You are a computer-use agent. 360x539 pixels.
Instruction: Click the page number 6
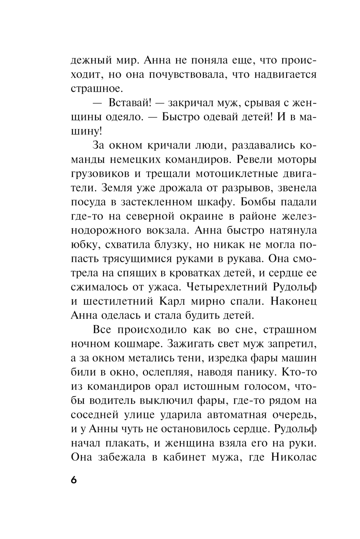[74, 481]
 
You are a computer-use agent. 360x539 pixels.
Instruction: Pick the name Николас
[293, 457]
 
